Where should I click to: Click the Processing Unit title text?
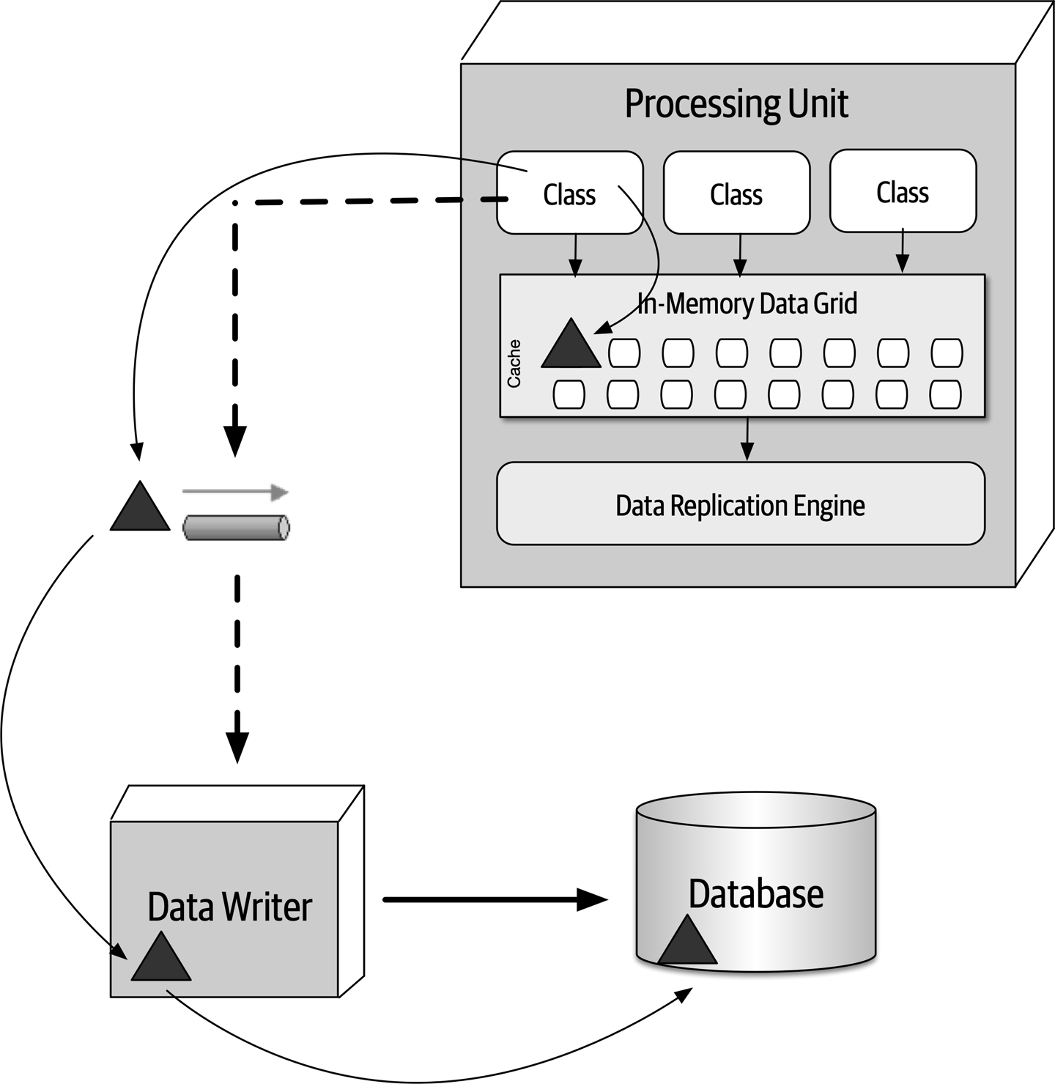[736, 103]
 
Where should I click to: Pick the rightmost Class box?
[903, 192]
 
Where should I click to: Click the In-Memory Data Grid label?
[747, 303]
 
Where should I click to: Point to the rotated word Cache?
[514, 364]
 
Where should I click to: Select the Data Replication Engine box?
[740, 505]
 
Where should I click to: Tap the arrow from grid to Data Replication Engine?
[747, 439]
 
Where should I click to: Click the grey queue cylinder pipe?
[236, 528]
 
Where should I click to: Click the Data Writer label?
[229, 907]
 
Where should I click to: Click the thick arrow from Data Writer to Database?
[495, 899]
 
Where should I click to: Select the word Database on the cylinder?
[755, 893]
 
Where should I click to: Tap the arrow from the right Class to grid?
[903, 253]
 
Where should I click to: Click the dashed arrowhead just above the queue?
[235, 440]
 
